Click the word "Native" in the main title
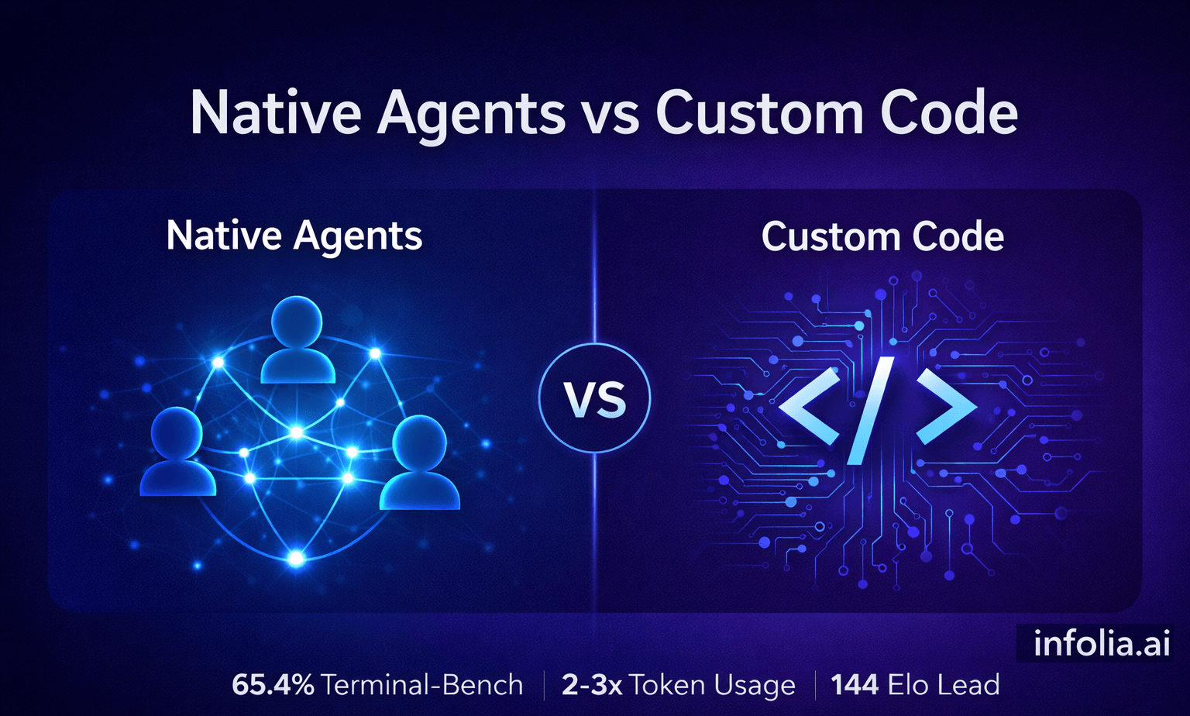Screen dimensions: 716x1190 (x=275, y=113)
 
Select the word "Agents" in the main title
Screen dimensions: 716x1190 (x=471, y=113)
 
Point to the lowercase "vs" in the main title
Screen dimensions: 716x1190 (x=609, y=116)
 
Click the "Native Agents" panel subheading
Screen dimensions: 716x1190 (x=294, y=236)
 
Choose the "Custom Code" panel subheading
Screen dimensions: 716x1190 (x=882, y=236)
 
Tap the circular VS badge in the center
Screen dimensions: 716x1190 (x=594, y=399)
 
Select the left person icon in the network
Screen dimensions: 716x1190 (x=177, y=453)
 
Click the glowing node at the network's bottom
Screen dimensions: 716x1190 (x=296, y=558)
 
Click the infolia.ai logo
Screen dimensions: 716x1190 (x=1101, y=644)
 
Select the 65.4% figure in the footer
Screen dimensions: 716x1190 (x=273, y=685)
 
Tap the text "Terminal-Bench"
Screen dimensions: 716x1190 (x=422, y=685)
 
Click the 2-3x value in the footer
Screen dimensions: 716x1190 (x=591, y=685)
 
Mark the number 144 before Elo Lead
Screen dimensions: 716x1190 (x=855, y=685)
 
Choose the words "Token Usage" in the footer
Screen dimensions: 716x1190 (x=712, y=685)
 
